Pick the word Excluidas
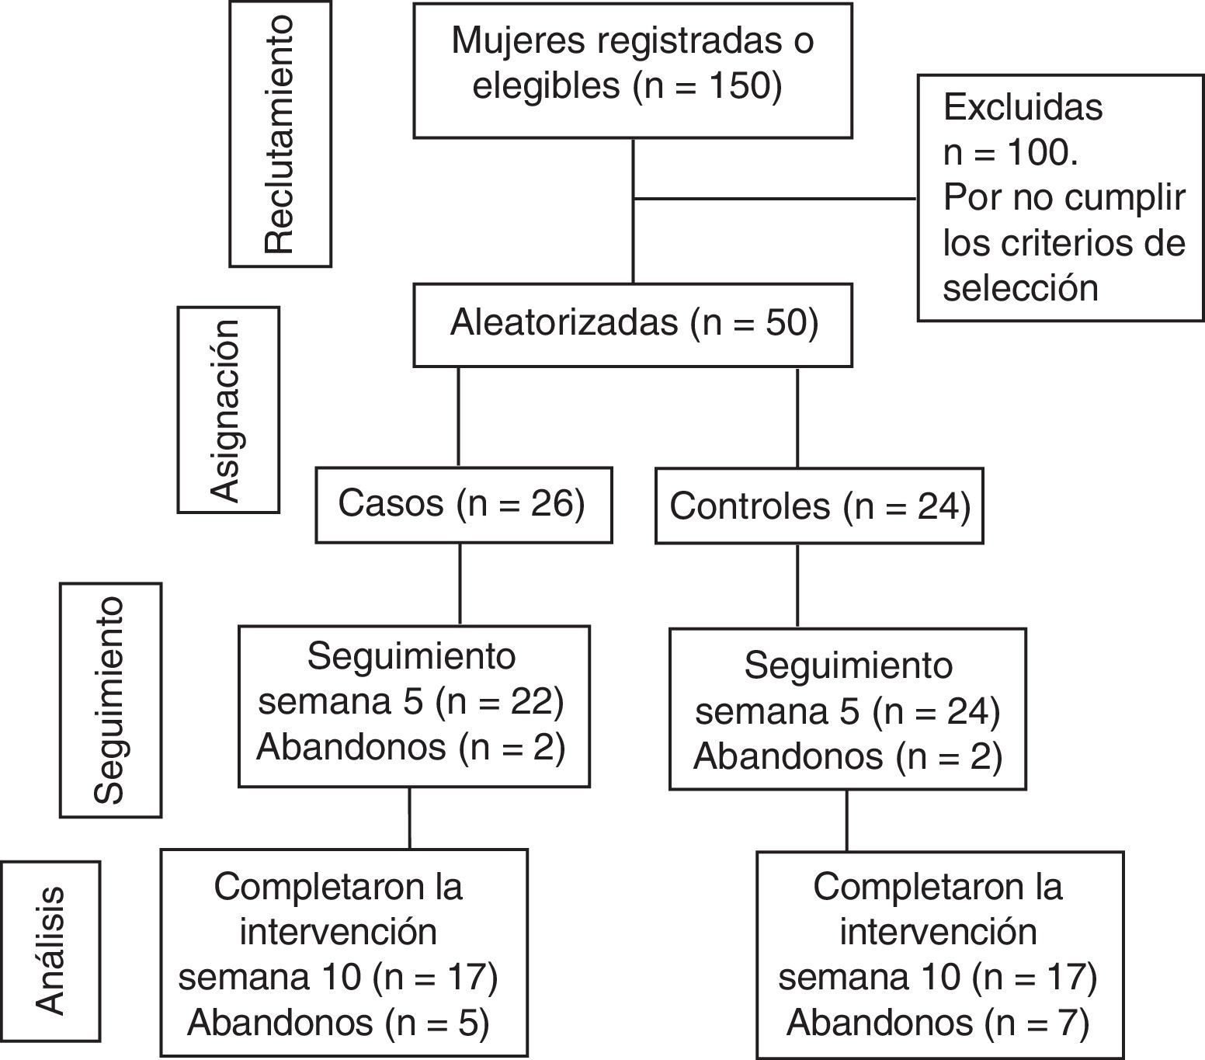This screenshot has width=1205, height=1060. pyautogui.click(x=1023, y=106)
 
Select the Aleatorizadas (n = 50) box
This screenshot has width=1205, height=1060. pyautogui.click(x=633, y=324)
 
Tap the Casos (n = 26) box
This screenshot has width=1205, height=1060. pyautogui.click(x=463, y=505)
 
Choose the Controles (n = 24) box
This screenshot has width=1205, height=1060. pyautogui.click(x=819, y=506)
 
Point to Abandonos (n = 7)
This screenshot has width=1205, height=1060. pyautogui.click(x=938, y=1022)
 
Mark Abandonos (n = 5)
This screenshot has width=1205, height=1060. pyautogui.click(x=339, y=1022)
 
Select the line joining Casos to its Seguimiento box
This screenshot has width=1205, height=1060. pyautogui.click(x=460, y=584)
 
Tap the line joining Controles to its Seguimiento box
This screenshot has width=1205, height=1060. pyautogui.click(x=798, y=586)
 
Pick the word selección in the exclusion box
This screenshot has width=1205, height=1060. pyautogui.click(x=1020, y=288)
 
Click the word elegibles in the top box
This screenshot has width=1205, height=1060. pyautogui.click(x=546, y=85)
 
